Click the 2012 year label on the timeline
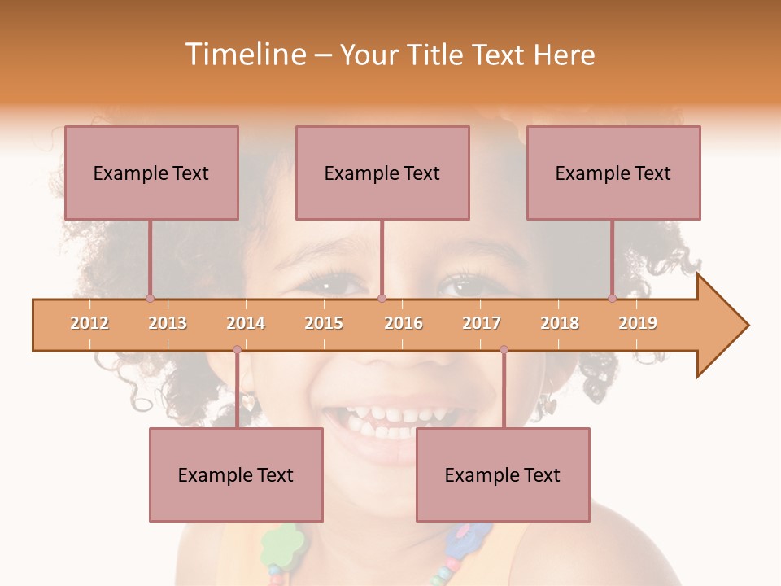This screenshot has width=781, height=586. coord(89,323)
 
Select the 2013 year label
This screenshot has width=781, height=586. coord(168,323)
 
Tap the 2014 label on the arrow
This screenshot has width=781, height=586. coord(246,323)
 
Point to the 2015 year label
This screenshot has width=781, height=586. coord(324,323)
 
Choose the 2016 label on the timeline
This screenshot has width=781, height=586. coord(404,323)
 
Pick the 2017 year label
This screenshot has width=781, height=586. coord(482,323)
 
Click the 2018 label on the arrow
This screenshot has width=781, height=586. coord(560,323)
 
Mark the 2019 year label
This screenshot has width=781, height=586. coord(638,323)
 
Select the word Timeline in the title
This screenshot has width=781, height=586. coord(243,55)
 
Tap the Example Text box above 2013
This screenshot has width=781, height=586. coord(151,173)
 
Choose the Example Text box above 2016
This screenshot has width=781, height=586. coord(382,173)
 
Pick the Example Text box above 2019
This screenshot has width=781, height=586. coord(613,173)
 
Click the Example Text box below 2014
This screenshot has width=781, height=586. coord(236,474)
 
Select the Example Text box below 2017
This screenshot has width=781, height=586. coord(503,474)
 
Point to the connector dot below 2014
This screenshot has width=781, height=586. coord(237,349)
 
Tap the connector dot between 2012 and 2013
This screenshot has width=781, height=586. coord(150,298)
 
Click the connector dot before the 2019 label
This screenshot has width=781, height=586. coord(612,298)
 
